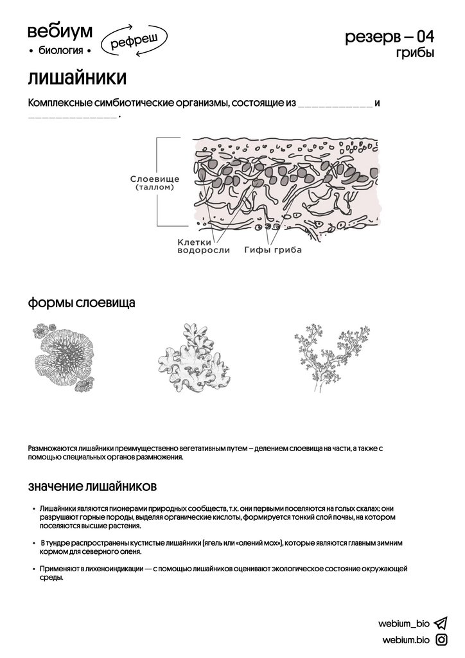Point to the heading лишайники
click(77, 78)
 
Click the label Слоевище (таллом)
click(154, 182)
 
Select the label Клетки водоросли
click(203, 246)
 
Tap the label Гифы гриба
click(272, 250)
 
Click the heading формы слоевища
click(81, 303)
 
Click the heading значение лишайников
click(92, 484)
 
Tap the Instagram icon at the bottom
click(441, 639)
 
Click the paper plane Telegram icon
click(441, 623)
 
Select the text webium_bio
click(403, 623)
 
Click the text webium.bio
click(405, 640)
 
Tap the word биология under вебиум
click(60, 50)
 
